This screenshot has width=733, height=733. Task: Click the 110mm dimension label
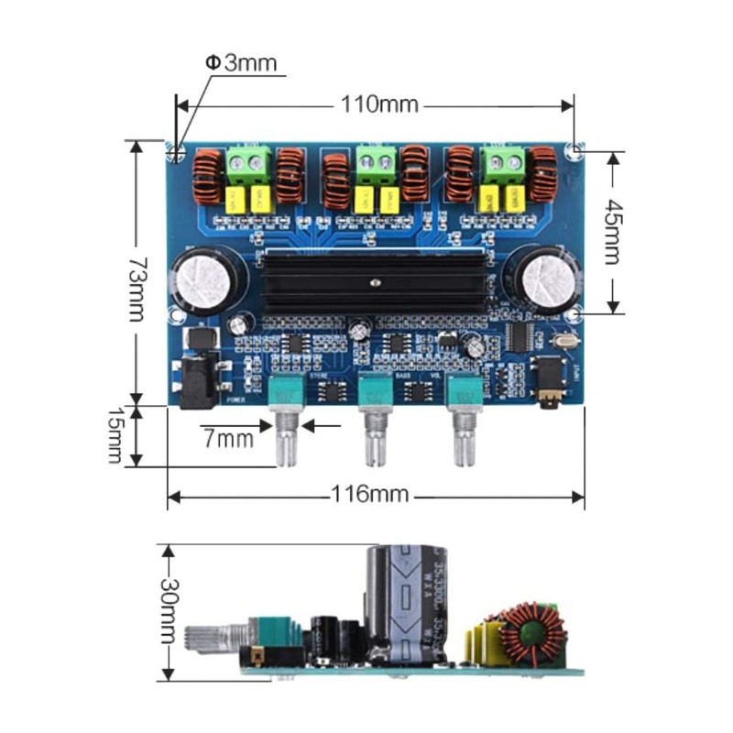[379, 104]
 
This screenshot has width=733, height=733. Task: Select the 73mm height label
[135, 273]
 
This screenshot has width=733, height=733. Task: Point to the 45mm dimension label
[612, 231]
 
